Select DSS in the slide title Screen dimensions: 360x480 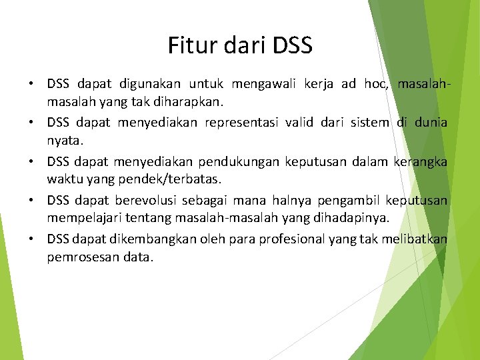pyautogui.click(x=292, y=46)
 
